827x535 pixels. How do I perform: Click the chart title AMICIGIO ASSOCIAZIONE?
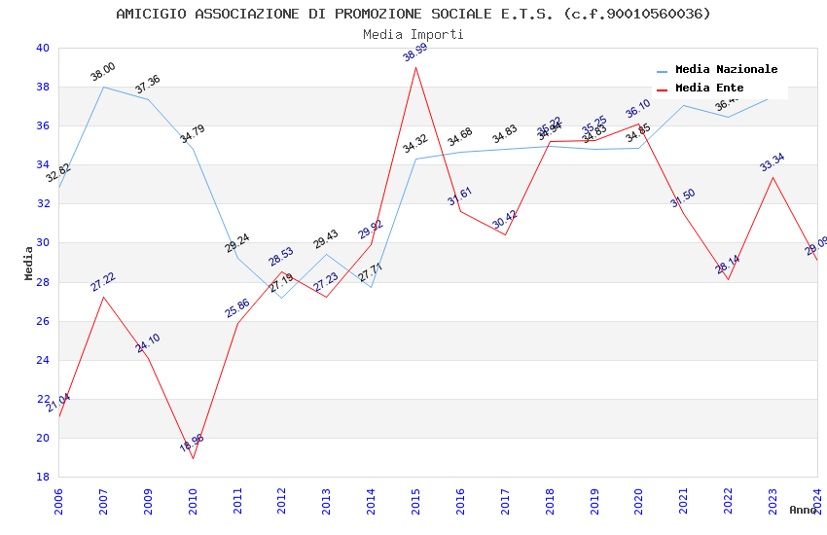coord(413,14)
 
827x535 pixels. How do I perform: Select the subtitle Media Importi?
coord(413,34)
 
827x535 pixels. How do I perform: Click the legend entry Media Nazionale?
coord(726,70)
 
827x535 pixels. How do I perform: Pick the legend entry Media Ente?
coord(708,89)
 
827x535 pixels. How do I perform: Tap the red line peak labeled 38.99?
coord(416,67)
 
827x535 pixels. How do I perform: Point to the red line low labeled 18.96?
coord(193,458)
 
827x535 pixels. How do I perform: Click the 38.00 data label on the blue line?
coord(103,71)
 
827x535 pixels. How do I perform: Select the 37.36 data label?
coord(148,85)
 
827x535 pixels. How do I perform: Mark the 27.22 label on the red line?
coord(103,282)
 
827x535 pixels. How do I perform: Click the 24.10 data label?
coord(148,342)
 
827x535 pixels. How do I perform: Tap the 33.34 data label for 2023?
coord(773,162)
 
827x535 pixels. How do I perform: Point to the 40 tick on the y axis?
coord(41,48)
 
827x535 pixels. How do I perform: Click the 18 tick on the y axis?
coord(41,477)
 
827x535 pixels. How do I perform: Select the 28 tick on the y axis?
coord(41,282)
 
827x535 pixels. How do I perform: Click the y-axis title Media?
coord(29,263)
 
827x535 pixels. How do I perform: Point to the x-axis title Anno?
coord(803,510)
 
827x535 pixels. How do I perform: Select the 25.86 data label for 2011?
coord(237,308)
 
